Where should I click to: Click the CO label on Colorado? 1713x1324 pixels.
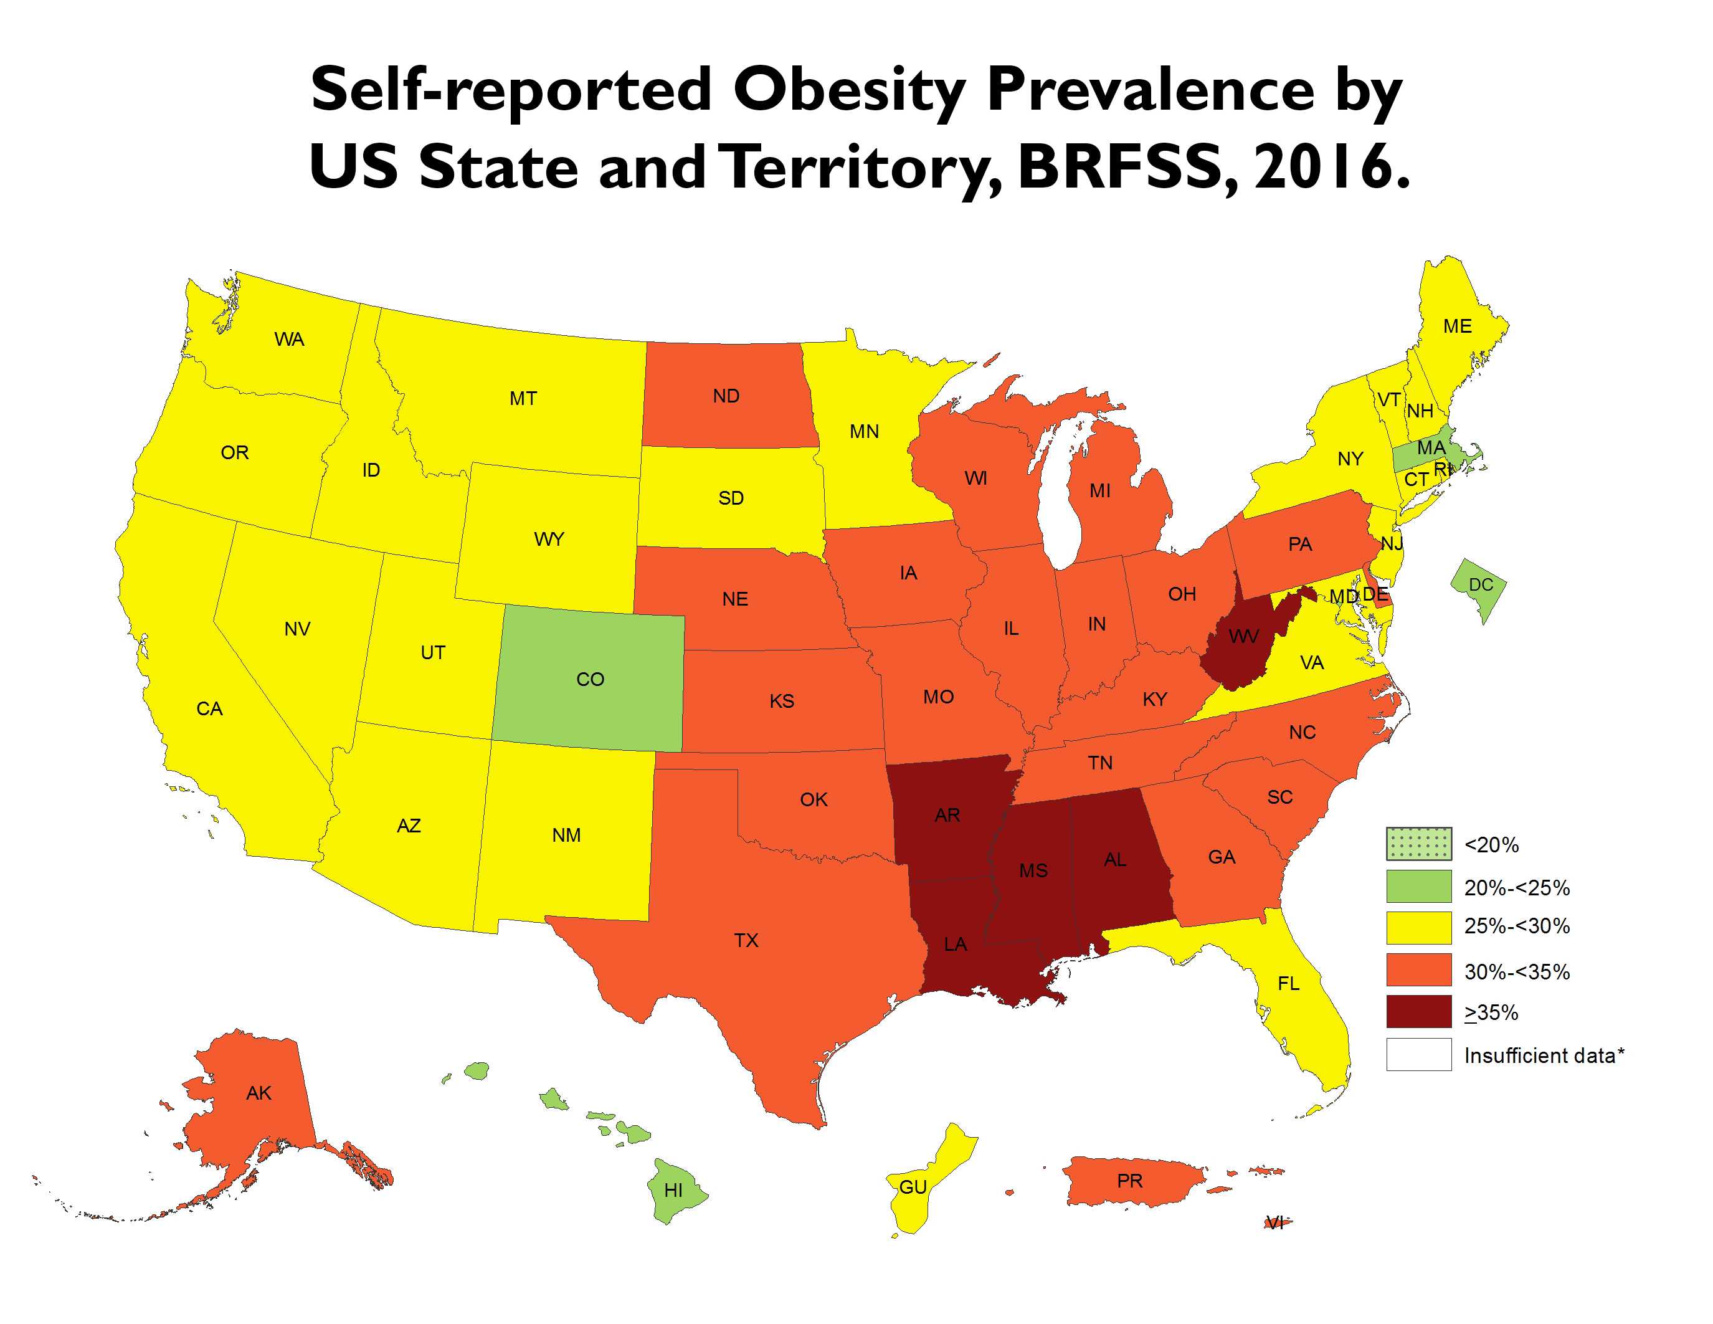click(590, 679)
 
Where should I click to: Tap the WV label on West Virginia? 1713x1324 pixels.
click(1243, 636)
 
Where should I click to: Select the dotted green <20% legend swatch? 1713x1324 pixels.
click(1418, 845)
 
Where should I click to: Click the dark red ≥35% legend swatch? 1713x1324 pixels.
click(1418, 1012)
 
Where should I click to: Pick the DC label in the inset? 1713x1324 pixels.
click(1480, 585)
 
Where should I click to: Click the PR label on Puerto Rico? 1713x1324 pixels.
click(1129, 1181)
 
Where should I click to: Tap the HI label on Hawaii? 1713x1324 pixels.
click(673, 1190)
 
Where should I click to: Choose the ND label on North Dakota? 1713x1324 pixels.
click(726, 396)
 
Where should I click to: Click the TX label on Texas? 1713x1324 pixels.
click(746, 940)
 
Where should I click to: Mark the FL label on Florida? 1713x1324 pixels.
click(1288, 984)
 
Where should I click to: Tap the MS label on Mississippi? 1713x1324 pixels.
click(1033, 870)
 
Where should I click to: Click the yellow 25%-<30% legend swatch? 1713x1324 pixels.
click(1418, 927)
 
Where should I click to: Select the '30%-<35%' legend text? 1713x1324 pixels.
click(1516, 973)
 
